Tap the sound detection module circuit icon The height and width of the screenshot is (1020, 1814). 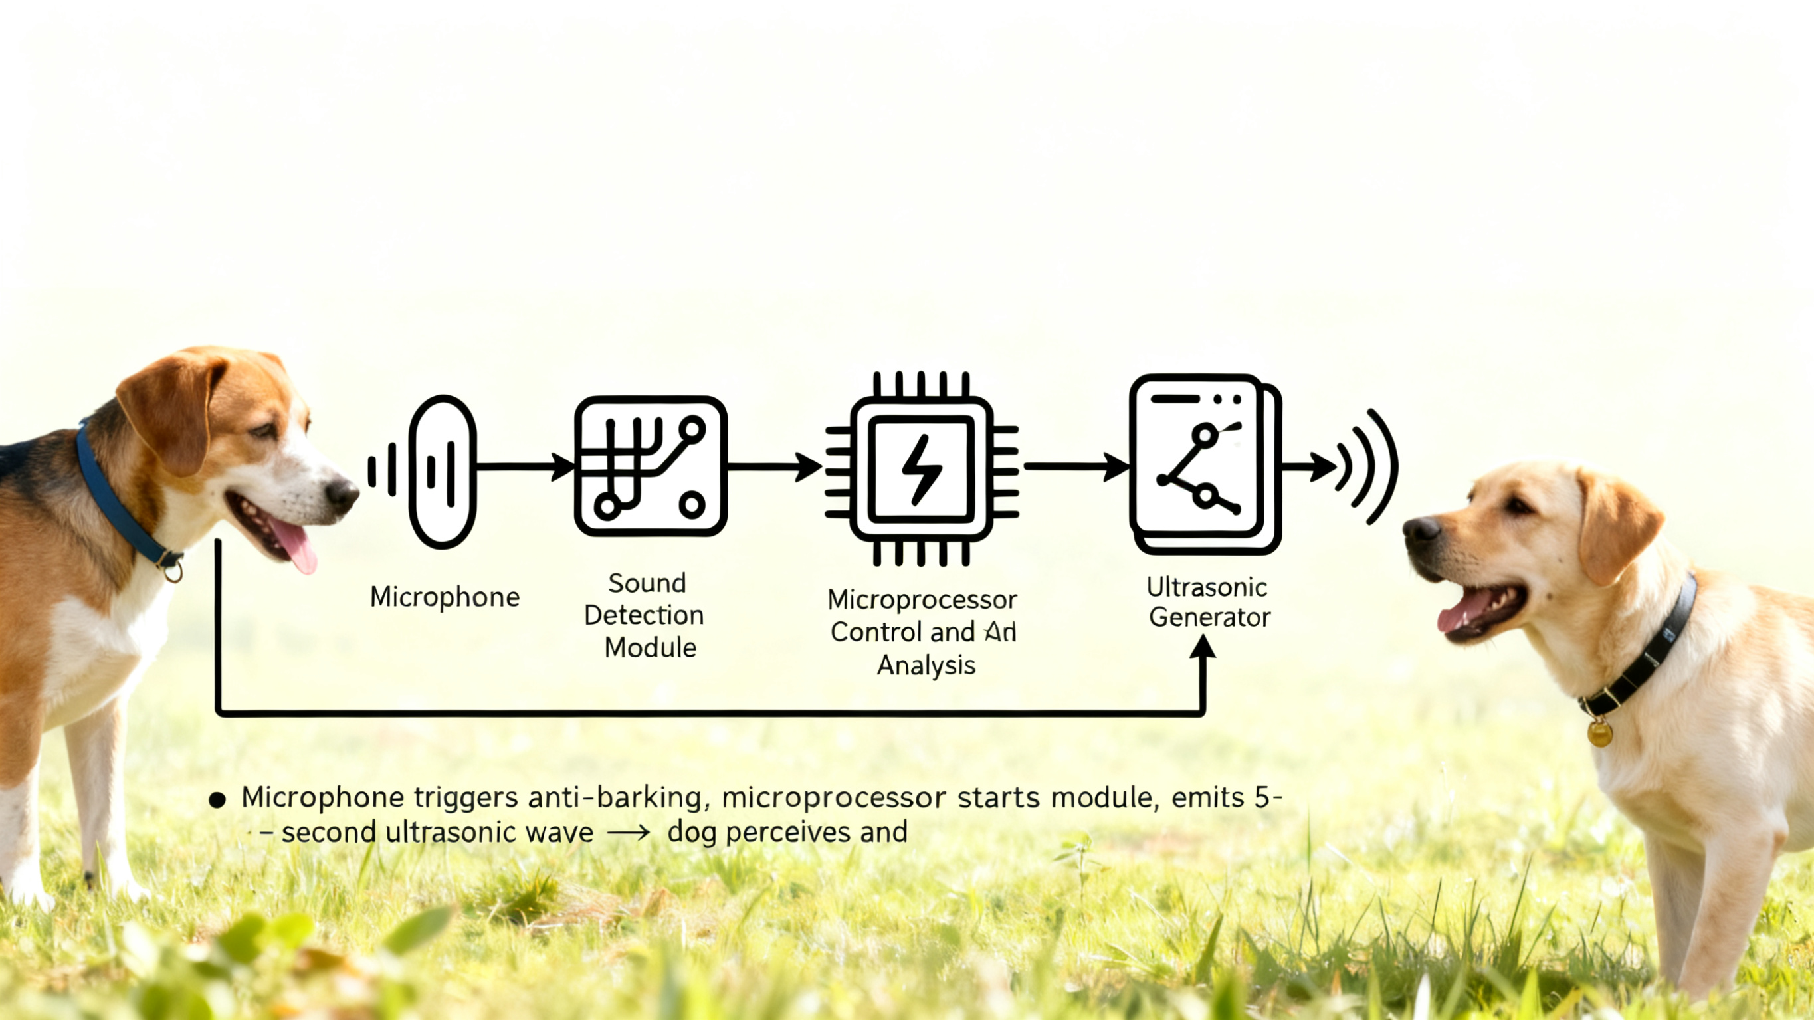[x=651, y=466]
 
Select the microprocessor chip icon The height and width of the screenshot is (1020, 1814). [x=922, y=468]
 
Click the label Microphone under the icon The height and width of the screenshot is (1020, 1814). [x=445, y=597]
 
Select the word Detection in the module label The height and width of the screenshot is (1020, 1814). [x=644, y=615]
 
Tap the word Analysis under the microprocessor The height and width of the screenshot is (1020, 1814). [x=926, y=664]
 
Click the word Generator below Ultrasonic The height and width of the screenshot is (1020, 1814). [x=1209, y=618]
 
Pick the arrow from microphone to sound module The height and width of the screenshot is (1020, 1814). [x=525, y=466]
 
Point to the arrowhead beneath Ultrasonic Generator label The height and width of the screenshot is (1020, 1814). [x=1203, y=647]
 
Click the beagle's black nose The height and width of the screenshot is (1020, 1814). [x=342, y=495]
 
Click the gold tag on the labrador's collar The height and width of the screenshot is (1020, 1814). [x=1599, y=732]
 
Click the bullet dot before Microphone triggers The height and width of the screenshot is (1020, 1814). [x=217, y=799]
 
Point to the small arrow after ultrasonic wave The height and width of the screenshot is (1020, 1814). [x=628, y=833]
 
